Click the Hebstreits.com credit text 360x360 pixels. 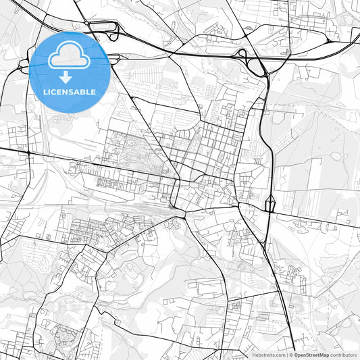(268, 355)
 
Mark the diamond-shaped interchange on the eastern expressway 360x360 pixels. (269, 203)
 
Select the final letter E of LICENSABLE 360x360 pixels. (93, 92)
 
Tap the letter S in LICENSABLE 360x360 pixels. (70, 92)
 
